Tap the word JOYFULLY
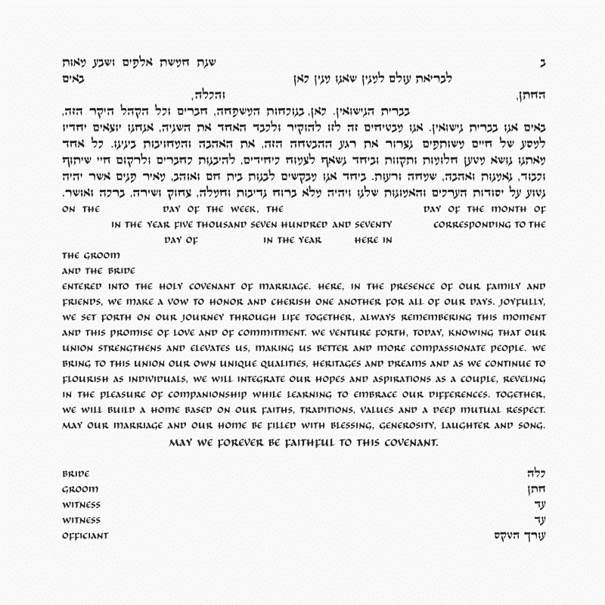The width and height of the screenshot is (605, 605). point(517,301)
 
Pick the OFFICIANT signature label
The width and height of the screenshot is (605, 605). point(85,536)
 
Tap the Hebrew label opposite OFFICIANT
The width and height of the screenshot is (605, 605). point(519,536)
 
